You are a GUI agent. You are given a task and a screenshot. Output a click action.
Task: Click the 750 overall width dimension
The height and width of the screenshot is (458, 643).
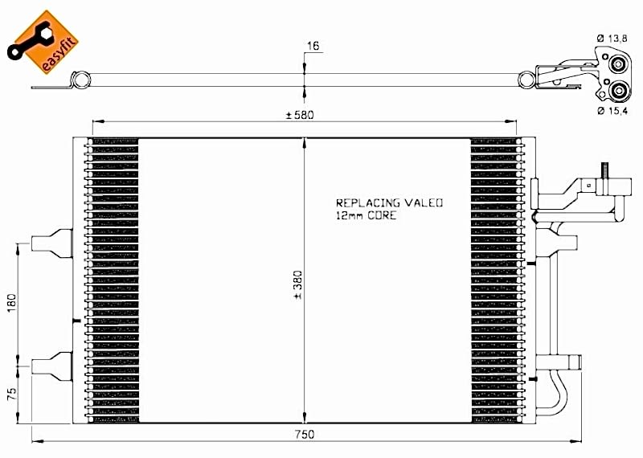pos(304,434)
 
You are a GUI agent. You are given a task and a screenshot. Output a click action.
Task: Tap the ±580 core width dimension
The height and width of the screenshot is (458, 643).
pos(300,115)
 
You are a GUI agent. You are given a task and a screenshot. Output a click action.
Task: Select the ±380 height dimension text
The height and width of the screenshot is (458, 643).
pos(297,284)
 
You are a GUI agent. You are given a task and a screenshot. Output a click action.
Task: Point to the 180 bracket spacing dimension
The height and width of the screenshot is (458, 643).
pos(11,302)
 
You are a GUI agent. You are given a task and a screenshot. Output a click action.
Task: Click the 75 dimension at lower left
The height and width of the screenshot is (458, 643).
pos(12,394)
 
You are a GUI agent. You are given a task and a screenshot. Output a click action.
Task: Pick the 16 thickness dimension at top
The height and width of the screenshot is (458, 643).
pos(313,46)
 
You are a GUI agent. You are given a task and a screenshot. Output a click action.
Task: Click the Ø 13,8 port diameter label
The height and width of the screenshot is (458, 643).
pos(612,39)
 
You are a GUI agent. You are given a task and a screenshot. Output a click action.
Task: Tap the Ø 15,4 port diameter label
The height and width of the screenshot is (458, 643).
pos(612,111)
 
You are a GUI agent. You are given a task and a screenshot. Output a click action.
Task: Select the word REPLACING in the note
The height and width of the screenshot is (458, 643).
pos(368,202)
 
